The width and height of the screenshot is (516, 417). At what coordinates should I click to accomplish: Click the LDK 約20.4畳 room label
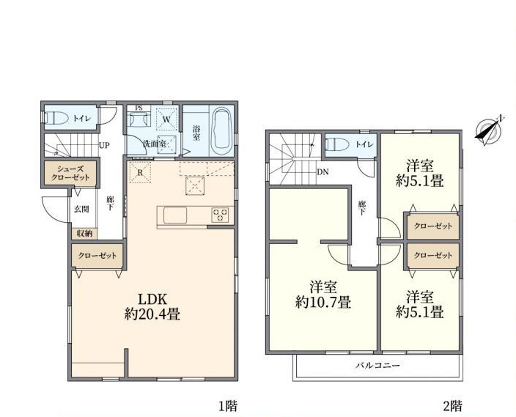tap(152, 307)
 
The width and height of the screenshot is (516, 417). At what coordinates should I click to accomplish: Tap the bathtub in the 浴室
tap(223, 130)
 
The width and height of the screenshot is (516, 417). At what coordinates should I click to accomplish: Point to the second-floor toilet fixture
tap(336, 144)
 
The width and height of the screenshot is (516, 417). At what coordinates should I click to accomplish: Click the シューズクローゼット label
tap(70, 173)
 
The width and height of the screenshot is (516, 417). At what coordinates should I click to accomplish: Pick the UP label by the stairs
tap(104, 145)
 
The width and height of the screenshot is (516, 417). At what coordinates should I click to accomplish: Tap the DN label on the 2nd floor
tap(322, 171)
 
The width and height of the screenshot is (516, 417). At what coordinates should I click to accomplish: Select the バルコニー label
tap(377, 365)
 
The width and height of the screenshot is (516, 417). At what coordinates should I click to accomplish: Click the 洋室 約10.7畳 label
tap(322, 295)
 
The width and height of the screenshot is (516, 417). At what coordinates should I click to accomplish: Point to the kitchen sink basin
tap(175, 215)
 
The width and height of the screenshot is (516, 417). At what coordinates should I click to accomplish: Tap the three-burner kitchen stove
tap(221, 215)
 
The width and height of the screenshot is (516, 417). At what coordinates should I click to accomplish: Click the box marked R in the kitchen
tap(141, 172)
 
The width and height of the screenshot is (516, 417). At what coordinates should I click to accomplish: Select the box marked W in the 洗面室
tap(167, 119)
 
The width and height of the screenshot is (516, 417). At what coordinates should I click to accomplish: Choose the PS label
tap(139, 108)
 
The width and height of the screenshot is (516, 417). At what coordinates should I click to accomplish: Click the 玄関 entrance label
tap(81, 209)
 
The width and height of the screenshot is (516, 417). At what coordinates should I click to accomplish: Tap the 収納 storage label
tap(84, 234)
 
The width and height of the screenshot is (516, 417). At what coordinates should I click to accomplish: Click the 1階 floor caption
tap(228, 406)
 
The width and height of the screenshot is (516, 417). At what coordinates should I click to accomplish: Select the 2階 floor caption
tap(452, 406)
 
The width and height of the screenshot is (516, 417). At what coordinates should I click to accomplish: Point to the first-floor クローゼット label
tap(97, 255)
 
